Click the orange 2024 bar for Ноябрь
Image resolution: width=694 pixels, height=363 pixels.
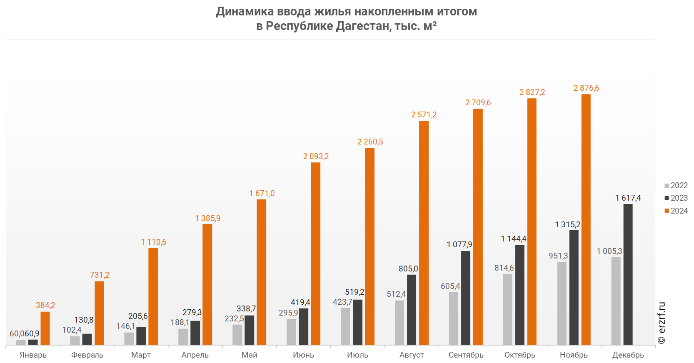tap(586, 219)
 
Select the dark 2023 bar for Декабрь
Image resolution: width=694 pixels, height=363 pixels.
tap(628, 274)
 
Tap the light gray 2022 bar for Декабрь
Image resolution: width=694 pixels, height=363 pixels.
tap(616, 301)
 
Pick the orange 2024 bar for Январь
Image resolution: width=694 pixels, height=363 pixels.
tap(45, 328)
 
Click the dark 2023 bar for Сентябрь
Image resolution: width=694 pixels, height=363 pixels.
tap(465, 298)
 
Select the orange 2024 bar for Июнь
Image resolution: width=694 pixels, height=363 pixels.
tap(315, 254)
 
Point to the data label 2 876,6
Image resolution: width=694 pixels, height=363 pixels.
tap(586, 88)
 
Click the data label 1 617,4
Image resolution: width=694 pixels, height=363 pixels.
tap(628, 198)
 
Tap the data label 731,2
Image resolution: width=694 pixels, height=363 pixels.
tap(100, 275)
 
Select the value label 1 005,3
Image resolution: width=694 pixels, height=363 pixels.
tap(609, 251)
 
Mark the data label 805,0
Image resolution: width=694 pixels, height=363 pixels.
tap(408, 269)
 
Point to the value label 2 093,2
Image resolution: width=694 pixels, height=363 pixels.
tap(316, 157)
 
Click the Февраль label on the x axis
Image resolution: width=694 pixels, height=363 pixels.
tap(87, 355)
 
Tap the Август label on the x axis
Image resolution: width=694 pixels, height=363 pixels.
tap(412, 355)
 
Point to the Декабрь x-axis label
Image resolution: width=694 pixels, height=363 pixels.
tap(628, 355)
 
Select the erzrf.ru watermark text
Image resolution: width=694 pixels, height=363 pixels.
tap(662, 323)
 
